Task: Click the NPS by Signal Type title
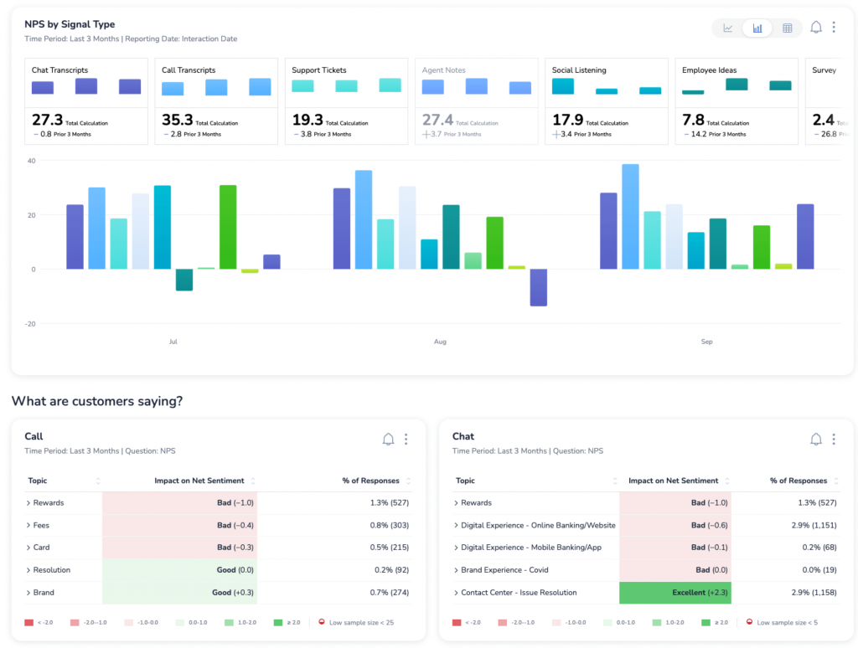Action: tap(70, 24)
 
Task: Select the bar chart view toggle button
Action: tap(757, 28)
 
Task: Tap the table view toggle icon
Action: tap(787, 28)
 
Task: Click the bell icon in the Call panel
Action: tap(388, 440)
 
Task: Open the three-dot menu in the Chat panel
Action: tap(834, 440)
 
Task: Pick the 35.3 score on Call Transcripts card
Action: tap(177, 121)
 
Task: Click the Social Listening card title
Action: tap(579, 70)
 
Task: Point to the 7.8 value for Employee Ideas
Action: tap(693, 121)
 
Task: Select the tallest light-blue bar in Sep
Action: tap(630, 216)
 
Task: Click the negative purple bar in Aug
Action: tap(538, 287)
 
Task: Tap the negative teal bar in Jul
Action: tap(184, 280)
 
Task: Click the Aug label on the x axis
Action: tap(440, 342)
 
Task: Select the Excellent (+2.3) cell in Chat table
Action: tap(675, 593)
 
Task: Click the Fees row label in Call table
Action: tap(41, 525)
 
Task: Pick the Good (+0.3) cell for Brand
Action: tap(179, 593)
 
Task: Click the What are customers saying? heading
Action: tap(97, 401)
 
